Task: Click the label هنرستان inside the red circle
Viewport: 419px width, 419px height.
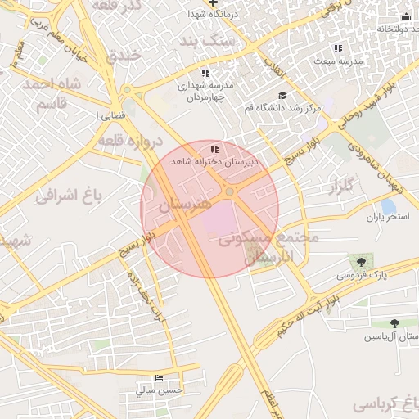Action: (x=184, y=204)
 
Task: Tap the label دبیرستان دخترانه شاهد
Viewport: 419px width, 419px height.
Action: (x=214, y=162)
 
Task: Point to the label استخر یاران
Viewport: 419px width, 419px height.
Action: (x=386, y=218)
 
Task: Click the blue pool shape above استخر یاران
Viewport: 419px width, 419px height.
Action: (x=388, y=205)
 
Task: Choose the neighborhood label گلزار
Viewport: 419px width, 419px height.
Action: (x=344, y=187)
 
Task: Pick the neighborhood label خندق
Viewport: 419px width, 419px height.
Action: (x=124, y=55)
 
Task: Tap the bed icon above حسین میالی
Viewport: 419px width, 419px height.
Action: (x=158, y=378)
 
